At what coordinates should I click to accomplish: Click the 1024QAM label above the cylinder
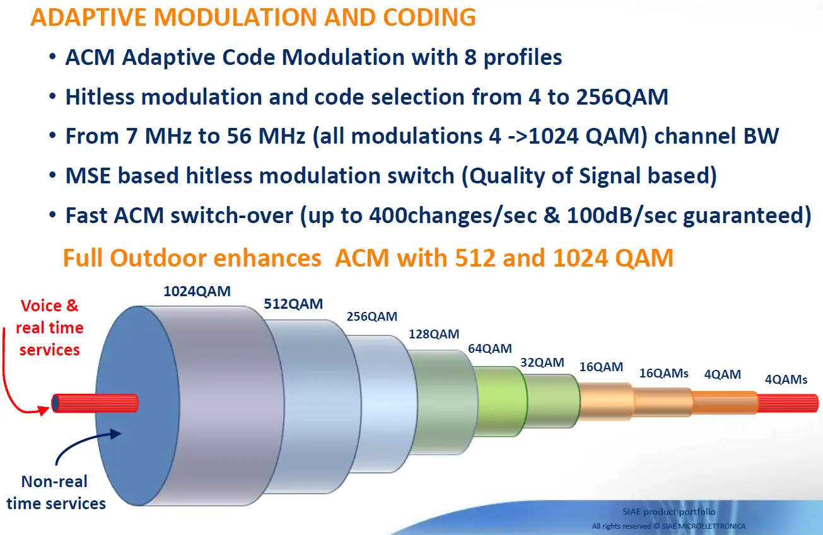pos(197,291)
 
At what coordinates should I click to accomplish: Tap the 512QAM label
pos(293,304)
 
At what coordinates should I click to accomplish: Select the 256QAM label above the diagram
pos(372,316)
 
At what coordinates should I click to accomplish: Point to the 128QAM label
pos(434,334)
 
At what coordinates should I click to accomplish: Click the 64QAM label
pos(490,348)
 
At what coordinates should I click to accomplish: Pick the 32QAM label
pos(542,362)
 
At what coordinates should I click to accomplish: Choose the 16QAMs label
pos(663,373)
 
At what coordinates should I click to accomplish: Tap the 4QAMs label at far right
pos(786,379)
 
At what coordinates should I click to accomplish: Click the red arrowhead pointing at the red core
pos(44,410)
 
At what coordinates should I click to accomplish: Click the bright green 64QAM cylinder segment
pos(500,401)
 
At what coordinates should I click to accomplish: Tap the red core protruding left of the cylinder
pos(95,403)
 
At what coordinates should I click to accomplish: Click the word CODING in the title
pos(429,17)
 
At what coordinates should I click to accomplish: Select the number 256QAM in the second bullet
pos(622,97)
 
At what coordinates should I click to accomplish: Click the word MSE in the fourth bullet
pos(88,176)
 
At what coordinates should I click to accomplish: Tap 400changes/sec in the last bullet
pos(453,215)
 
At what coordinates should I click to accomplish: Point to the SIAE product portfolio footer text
pos(668,512)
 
